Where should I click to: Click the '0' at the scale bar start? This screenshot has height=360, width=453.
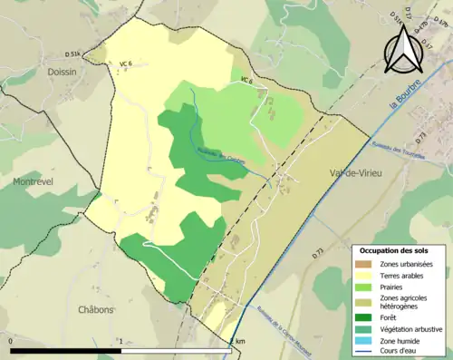click(11, 341)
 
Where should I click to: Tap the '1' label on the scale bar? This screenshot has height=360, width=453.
click(121, 341)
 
